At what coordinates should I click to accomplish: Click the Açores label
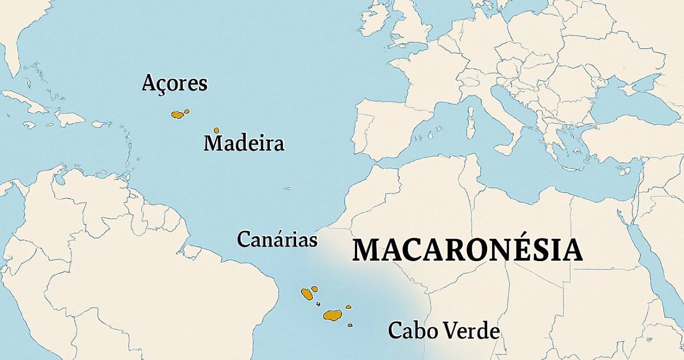175,84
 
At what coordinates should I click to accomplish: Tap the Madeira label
244,144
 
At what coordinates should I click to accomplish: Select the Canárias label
277,239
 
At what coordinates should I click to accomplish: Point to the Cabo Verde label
444,331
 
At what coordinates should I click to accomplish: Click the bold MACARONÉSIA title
468,251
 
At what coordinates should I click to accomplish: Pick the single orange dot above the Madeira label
216,131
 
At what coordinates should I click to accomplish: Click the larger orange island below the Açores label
178,115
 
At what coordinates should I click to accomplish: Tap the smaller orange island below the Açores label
187,111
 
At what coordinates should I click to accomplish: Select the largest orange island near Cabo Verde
332,315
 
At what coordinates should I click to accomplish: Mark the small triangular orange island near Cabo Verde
348,307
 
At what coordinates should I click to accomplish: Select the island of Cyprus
624,170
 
